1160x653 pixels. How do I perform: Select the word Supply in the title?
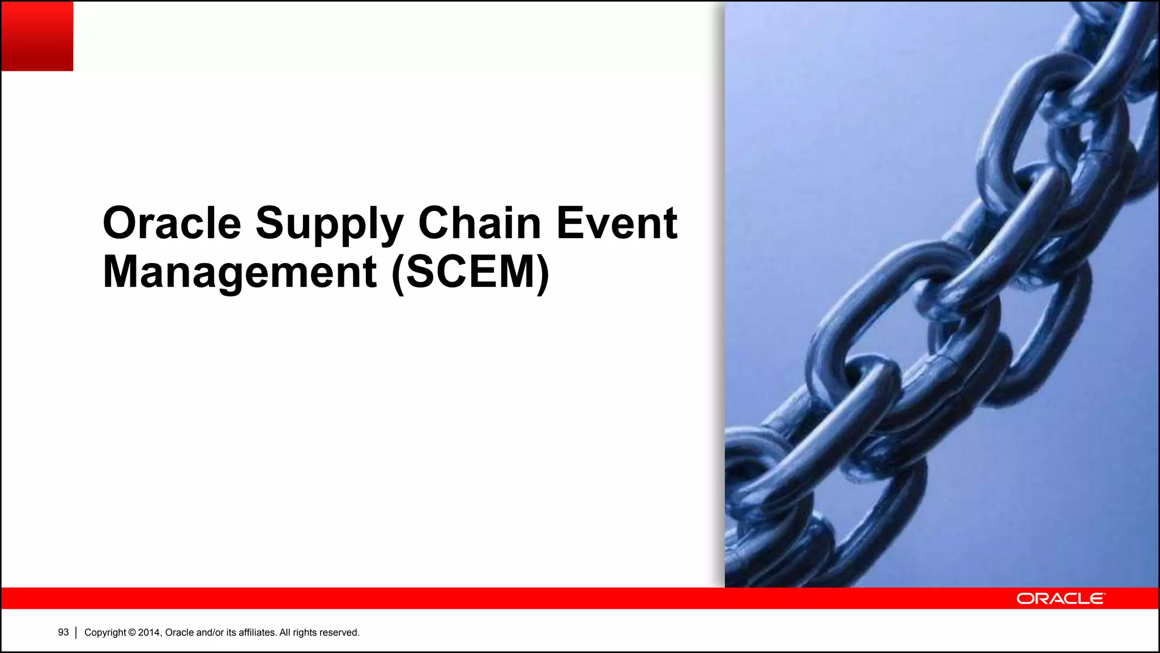point(329,224)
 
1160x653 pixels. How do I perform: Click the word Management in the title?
point(240,273)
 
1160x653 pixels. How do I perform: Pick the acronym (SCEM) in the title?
point(470,273)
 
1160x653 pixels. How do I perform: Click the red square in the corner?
point(37,36)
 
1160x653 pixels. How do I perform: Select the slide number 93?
point(63,633)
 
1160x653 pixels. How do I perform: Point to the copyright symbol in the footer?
point(132,633)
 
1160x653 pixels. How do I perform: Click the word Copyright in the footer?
point(105,633)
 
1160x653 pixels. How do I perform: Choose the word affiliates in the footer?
point(257,633)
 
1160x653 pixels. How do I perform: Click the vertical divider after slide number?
point(76,633)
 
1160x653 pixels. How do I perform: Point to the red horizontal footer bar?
point(510,599)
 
